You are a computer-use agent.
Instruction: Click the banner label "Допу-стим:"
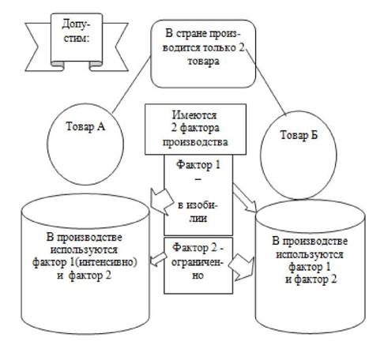coord(76,31)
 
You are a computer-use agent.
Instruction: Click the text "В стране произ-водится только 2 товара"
coord(203,47)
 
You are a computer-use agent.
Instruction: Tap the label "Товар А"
coord(85,126)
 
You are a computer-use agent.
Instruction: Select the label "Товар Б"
coord(299,135)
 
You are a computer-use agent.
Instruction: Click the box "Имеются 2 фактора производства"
coord(195,129)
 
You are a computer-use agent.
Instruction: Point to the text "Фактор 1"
coord(198,165)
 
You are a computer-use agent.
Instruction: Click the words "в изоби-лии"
coord(198,212)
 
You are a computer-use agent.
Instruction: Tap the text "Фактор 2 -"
coord(198,247)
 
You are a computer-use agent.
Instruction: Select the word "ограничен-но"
coord(198,268)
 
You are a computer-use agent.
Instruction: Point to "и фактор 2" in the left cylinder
coord(85,276)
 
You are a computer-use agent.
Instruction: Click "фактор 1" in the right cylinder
coord(309,267)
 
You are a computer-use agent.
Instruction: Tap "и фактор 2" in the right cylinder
coord(311,279)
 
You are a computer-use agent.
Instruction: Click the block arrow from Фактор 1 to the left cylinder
coord(160,202)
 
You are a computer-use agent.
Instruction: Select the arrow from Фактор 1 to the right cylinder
coord(245,198)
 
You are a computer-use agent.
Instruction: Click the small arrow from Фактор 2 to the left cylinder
coord(159,260)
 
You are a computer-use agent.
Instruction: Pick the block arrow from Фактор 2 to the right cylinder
coord(241,267)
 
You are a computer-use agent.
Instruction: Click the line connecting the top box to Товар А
coord(132,84)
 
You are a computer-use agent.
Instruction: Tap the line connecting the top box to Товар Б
coord(266,82)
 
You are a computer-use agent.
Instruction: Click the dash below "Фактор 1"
coord(198,179)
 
